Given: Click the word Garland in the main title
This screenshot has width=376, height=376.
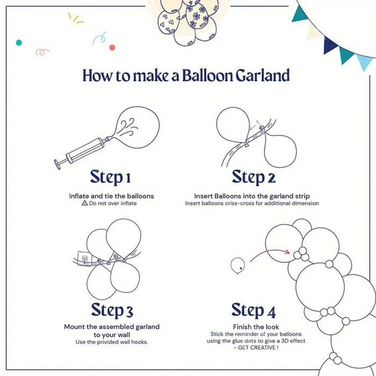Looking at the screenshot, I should click(263, 75).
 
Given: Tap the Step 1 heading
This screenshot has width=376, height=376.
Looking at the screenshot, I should click(110, 177).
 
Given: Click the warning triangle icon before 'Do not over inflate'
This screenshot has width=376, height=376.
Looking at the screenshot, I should click(84, 204).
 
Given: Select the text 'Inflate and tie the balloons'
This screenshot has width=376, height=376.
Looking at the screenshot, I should click(111, 196).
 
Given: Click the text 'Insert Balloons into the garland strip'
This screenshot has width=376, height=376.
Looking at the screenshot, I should click(252, 196).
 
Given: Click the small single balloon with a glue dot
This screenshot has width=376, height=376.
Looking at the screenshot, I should click(237, 264).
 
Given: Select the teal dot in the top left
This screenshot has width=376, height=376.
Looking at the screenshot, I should click(19, 42).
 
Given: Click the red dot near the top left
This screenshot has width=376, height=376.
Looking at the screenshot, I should click(112, 47).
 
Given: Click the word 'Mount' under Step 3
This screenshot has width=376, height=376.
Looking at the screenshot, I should click(75, 327).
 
